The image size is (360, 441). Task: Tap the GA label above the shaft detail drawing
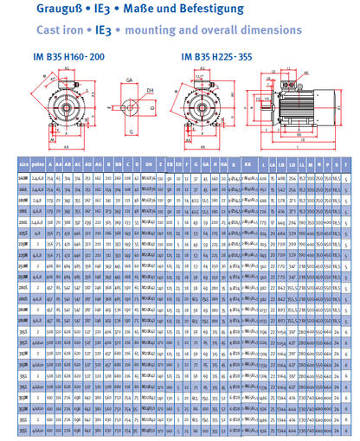pyautogui.click(x=129, y=79)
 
